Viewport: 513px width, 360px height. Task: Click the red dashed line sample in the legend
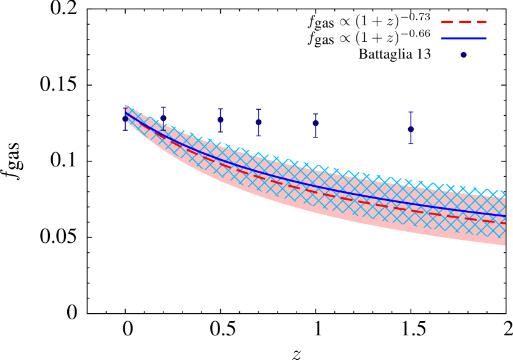point(464,22)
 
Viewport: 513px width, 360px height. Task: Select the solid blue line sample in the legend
point(464,38)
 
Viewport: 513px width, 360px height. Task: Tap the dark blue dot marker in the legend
point(464,55)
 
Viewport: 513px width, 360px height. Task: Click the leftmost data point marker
point(125,118)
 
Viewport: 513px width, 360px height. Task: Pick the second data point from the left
point(163,118)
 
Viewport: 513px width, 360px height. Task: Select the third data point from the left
point(220,120)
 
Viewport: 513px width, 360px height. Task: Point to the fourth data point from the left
point(258,122)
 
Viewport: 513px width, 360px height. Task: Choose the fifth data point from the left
point(316,123)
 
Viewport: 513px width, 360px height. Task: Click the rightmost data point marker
point(411,129)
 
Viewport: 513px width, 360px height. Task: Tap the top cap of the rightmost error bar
point(411,113)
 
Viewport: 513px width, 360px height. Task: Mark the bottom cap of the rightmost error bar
point(411,144)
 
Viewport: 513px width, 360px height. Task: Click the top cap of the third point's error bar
point(220,109)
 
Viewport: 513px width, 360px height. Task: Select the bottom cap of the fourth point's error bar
point(258,136)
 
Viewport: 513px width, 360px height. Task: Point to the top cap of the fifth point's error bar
point(316,114)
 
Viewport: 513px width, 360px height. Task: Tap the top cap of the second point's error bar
point(163,108)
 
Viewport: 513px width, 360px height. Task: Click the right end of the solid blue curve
point(505,216)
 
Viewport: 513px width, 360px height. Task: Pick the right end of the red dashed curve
point(505,223)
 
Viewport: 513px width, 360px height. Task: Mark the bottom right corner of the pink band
point(505,245)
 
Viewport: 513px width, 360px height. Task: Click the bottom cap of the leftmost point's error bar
point(125,129)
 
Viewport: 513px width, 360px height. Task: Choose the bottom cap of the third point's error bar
point(220,132)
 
